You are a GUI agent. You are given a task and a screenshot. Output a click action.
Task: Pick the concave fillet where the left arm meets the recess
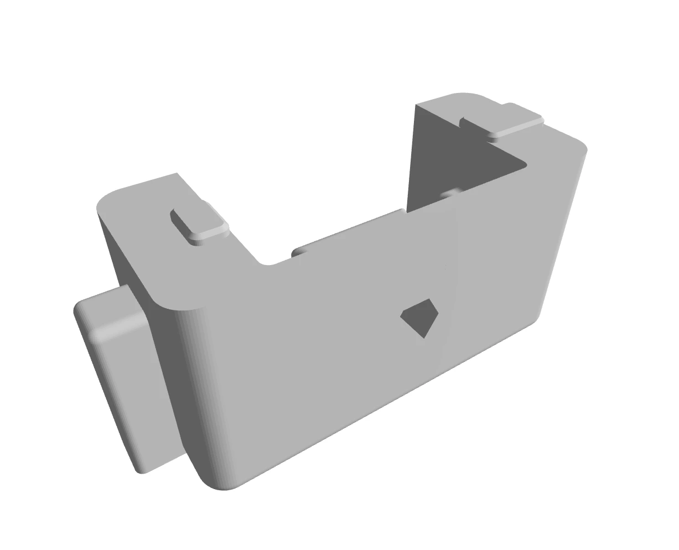coord(267,264)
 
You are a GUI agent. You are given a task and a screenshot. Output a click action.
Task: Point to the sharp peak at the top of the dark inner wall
coord(415,105)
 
